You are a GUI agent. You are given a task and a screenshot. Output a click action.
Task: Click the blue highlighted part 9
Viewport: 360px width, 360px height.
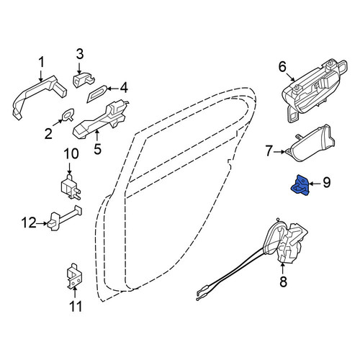click(x=300, y=186)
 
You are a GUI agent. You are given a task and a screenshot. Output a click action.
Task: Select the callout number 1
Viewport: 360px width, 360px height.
click(x=42, y=63)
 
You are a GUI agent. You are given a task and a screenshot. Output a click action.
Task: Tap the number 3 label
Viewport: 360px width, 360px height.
click(x=80, y=54)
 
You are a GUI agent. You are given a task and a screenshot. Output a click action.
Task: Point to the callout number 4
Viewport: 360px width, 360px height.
click(x=124, y=88)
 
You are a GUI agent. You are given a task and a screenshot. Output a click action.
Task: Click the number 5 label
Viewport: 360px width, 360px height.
click(x=97, y=149)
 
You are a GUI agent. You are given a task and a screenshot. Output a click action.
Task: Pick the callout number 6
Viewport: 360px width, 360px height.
click(x=282, y=66)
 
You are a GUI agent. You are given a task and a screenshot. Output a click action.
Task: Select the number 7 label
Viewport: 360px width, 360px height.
click(x=269, y=151)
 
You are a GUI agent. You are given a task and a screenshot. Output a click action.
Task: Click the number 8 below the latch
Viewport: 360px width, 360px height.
click(x=283, y=282)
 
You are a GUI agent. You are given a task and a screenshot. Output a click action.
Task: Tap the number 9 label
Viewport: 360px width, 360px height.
click(x=326, y=182)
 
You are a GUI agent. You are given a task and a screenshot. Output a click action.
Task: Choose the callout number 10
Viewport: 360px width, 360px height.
click(x=71, y=153)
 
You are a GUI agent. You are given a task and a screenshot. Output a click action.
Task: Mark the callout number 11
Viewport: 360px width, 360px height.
click(x=76, y=306)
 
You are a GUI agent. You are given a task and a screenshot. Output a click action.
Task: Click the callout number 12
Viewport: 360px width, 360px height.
click(x=29, y=222)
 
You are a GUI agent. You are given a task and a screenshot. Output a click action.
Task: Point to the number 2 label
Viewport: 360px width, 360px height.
click(x=48, y=133)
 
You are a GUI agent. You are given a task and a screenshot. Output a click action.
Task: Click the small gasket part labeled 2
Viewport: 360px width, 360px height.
click(x=68, y=114)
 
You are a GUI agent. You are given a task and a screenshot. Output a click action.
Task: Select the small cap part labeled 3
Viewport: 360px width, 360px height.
click(x=84, y=79)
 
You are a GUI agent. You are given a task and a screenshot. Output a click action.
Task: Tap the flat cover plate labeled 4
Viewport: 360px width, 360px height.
click(x=96, y=94)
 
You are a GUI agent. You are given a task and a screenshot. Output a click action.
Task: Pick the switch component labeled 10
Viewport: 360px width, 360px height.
click(x=70, y=187)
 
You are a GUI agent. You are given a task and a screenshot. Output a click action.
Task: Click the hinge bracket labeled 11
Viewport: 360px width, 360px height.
click(x=75, y=276)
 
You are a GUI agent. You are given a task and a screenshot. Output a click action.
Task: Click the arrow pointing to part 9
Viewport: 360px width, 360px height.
click(x=315, y=184)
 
